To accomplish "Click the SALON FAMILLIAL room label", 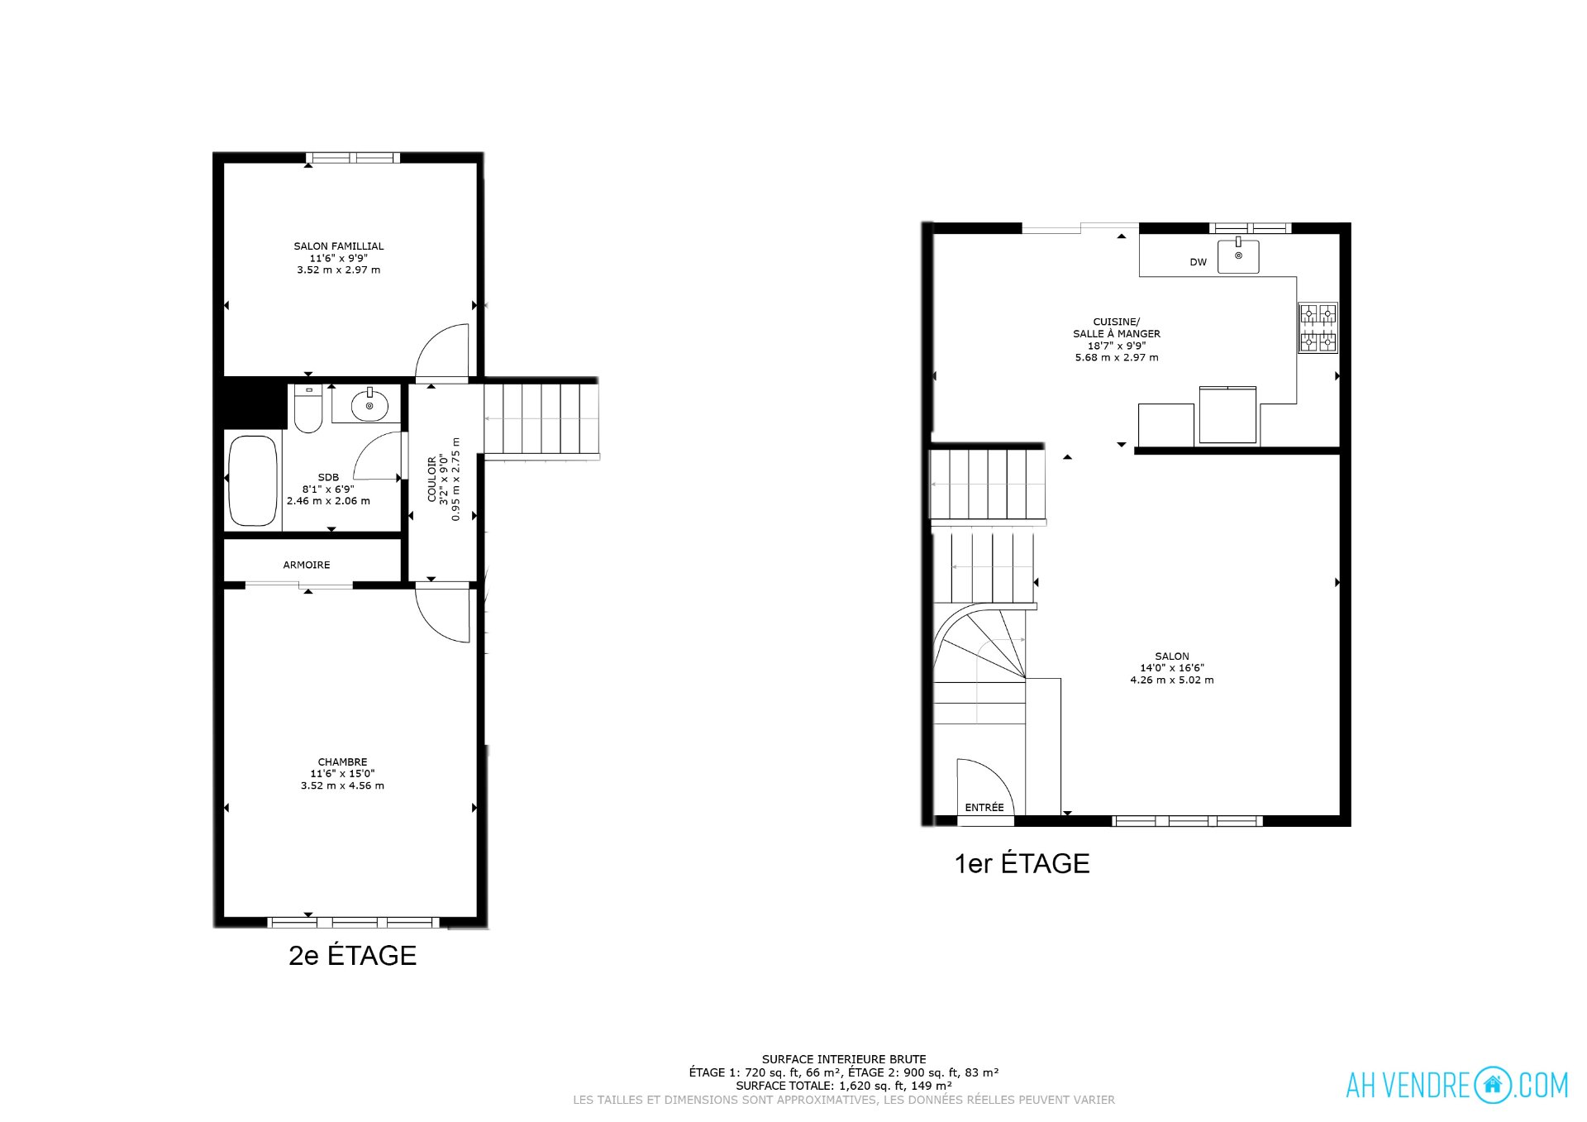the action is tap(339, 246).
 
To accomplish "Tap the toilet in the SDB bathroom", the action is tap(308, 408).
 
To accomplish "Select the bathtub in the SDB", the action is tap(253, 480).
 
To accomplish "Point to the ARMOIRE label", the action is tap(307, 565).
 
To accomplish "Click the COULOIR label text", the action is tap(431, 480).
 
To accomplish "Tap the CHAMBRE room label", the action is tap(342, 762).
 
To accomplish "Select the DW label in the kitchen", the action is tap(1198, 262).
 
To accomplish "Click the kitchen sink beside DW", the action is tap(1238, 255).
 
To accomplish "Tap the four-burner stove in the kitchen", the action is tap(1318, 327).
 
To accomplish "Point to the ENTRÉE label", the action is tap(984, 808).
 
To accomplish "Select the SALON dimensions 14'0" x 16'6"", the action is tap(1172, 668).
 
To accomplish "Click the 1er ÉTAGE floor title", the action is tap(1022, 863).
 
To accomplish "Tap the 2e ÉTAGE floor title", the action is tap(352, 955).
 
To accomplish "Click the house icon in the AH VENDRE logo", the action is tap(1492, 1084).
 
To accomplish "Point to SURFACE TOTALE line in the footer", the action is tap(844, 1086).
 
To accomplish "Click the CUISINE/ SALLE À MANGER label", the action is tap(1117, 327).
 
